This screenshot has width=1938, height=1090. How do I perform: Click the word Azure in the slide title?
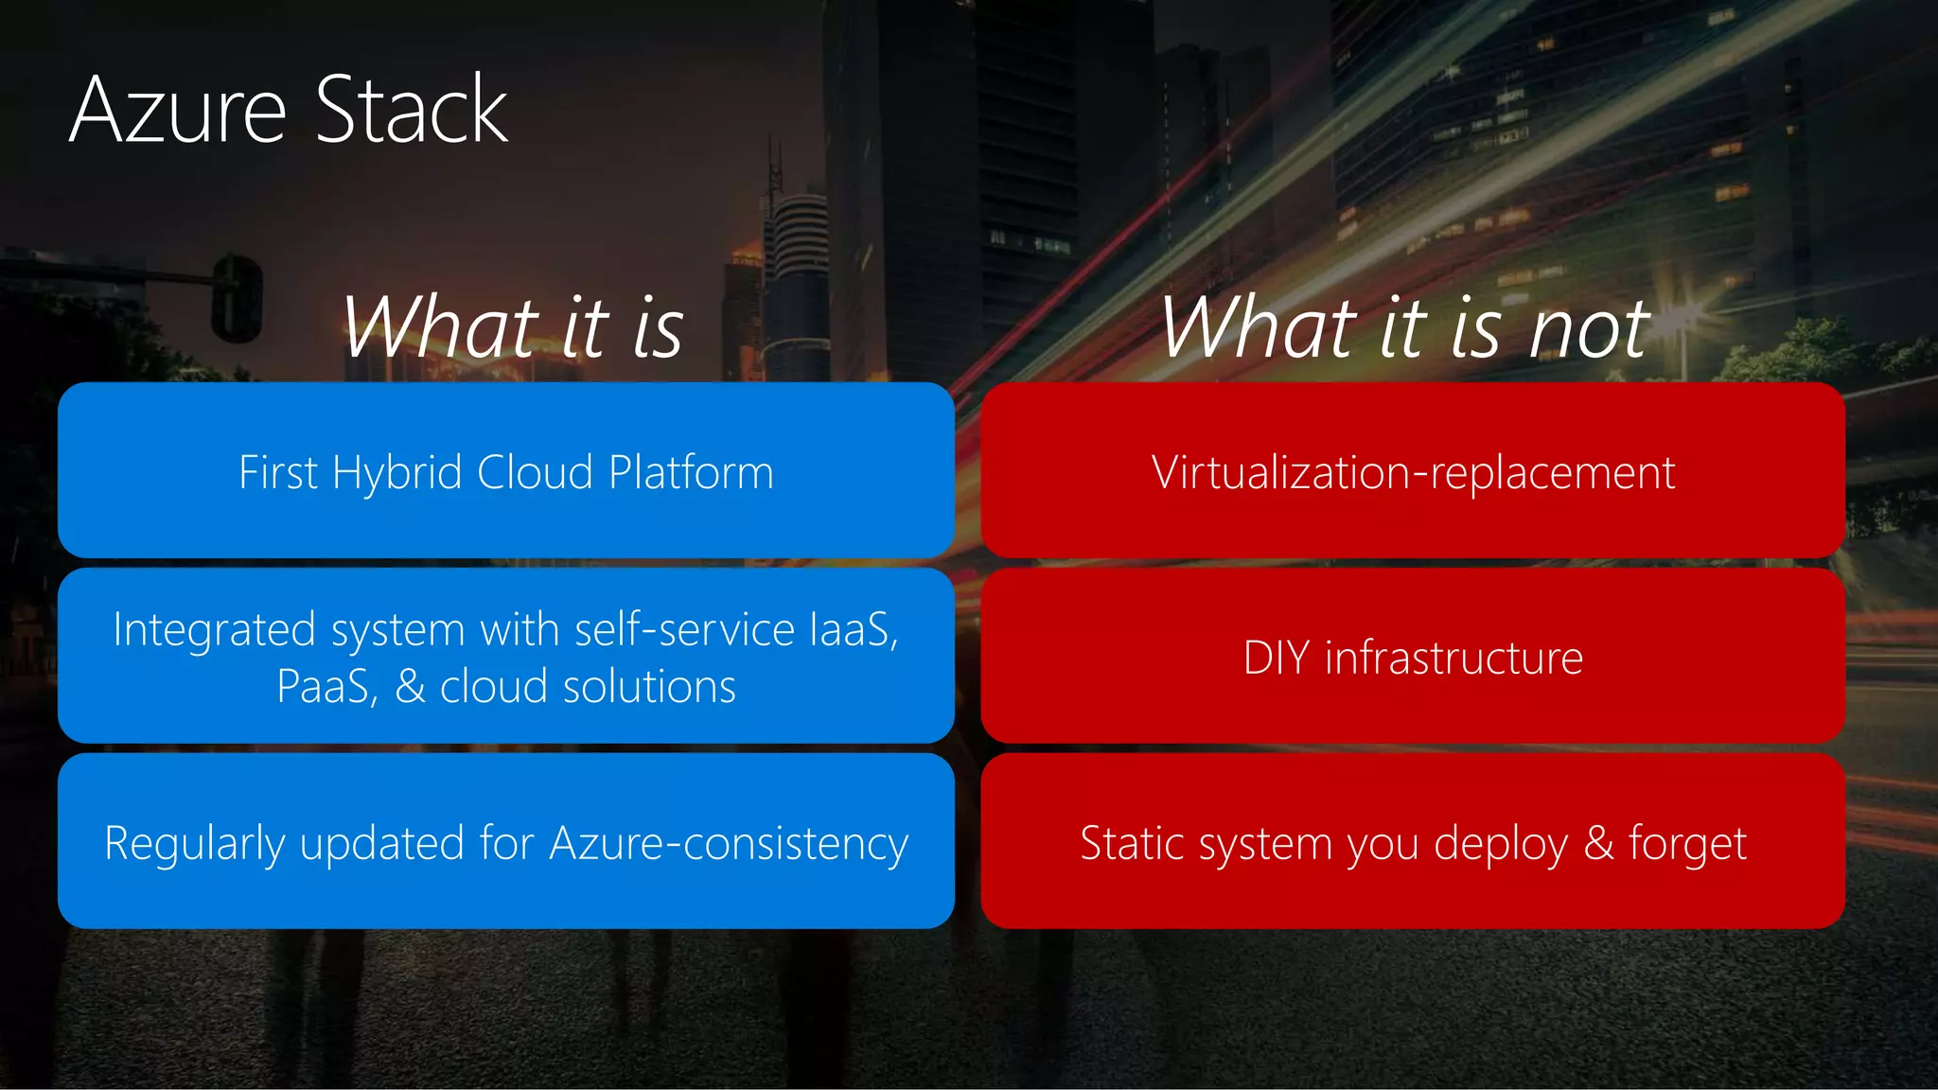pyautogui.click(x=178, y=111)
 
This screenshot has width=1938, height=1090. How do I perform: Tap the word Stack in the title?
pyautogui.click(x=412, y=111)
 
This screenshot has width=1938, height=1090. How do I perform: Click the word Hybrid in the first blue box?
pyautogui.click(x=396, y=473)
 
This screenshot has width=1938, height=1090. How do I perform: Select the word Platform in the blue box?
pyautogui.click(x=691, y=473)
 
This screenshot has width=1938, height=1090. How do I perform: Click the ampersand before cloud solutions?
pyautogui.click(x=410, y=687)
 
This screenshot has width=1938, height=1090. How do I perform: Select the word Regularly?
pyautogui.click(x=194, y=844)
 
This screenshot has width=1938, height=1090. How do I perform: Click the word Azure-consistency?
pyautogui.click(x=729, y=844)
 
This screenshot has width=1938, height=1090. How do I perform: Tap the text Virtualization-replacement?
pyautogui.click(x=1413, y=473)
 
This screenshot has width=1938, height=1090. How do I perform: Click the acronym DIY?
pyautogui.click(x=1276, y=659)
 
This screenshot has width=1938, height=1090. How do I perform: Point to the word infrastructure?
pyautogui.click(x=1453, y=659)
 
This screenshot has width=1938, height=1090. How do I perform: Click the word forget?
pyautogui.click(x=1687, y=844)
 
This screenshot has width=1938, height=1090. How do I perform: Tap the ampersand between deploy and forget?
pyautogui.click(x=1598, y=844)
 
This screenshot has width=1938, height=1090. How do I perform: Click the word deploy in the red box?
pyautogui.click(x=1500, y=844)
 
